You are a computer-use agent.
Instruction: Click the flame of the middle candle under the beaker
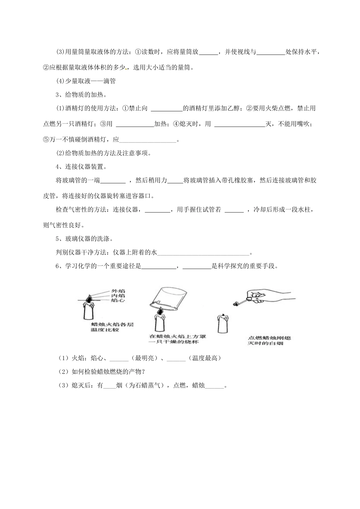pos(161,311)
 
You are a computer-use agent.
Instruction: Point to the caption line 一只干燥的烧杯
pos(174,342)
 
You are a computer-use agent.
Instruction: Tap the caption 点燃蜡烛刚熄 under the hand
pos(269,338)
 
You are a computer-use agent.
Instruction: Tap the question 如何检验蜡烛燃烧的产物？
pos(102,372)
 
